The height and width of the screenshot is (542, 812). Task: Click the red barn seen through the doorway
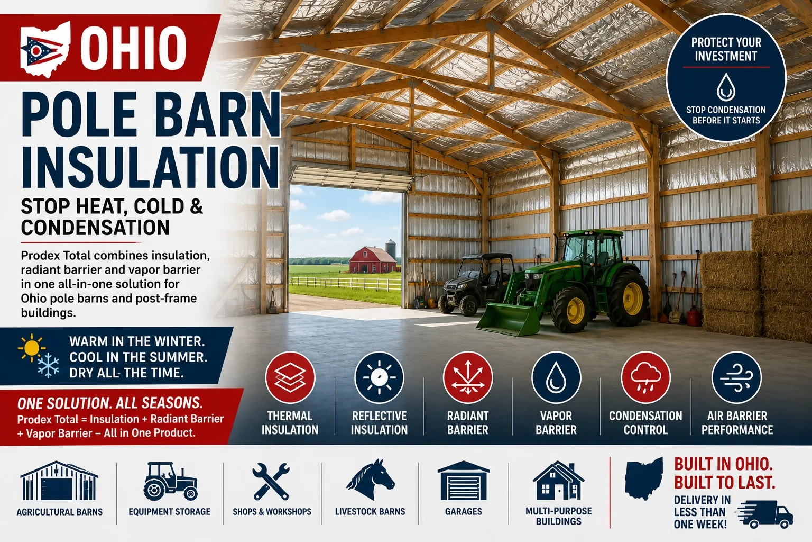(373, 260)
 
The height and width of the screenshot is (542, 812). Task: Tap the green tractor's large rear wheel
(629, 298)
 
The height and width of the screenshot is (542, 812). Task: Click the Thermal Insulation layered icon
(290, 377)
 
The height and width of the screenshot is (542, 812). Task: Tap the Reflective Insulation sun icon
(379, 377)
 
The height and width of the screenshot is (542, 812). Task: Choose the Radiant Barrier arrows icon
(468, 377)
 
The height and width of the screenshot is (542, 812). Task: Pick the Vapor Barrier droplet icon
(556, 377)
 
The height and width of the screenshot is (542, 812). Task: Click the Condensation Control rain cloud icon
(645, 377)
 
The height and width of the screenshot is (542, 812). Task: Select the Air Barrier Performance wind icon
(736, 377)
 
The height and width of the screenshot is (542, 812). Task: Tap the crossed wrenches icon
(271, 481)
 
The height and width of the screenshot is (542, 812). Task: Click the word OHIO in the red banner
(133, 48)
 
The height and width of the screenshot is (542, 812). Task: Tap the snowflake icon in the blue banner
(48, 365)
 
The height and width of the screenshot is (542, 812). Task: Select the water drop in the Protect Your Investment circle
(726, 87)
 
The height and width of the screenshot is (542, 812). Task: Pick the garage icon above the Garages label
(464, 481)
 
